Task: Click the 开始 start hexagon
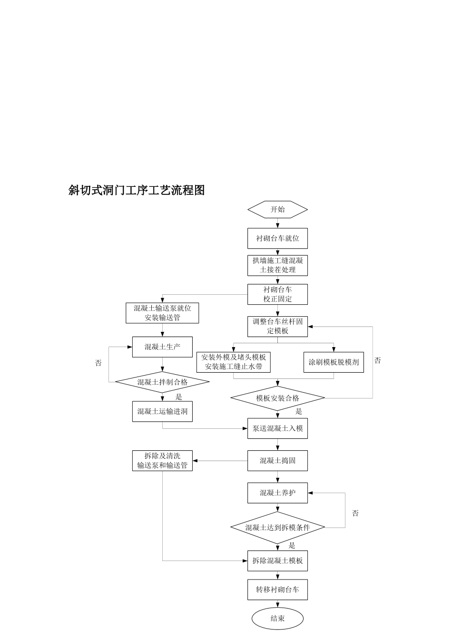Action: [277, 209]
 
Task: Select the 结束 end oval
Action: [277, 618]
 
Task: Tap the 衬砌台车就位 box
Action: [277, 238]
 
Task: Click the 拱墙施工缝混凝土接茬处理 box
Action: [277, 265]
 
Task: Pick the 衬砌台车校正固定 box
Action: [277, 294]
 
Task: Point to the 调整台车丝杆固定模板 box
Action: [277, 326]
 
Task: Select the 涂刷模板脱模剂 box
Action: [334, 362]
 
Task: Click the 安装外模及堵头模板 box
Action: [234, 362]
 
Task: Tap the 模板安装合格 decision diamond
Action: [277, 398]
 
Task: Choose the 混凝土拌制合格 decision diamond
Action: [162, 382]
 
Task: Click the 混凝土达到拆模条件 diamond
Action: [277, 527]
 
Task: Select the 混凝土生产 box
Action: [162, 347]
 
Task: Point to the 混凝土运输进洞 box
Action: [162, 411]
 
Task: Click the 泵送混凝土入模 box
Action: [277, 428]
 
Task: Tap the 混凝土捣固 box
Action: [277, 461]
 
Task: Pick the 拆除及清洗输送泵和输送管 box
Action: [162, 461]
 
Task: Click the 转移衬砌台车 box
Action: [277, 590]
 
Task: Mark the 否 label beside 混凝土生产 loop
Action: [98, 363]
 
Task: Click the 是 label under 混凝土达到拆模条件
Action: [292, 546]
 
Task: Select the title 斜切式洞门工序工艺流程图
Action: [137, 190]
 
